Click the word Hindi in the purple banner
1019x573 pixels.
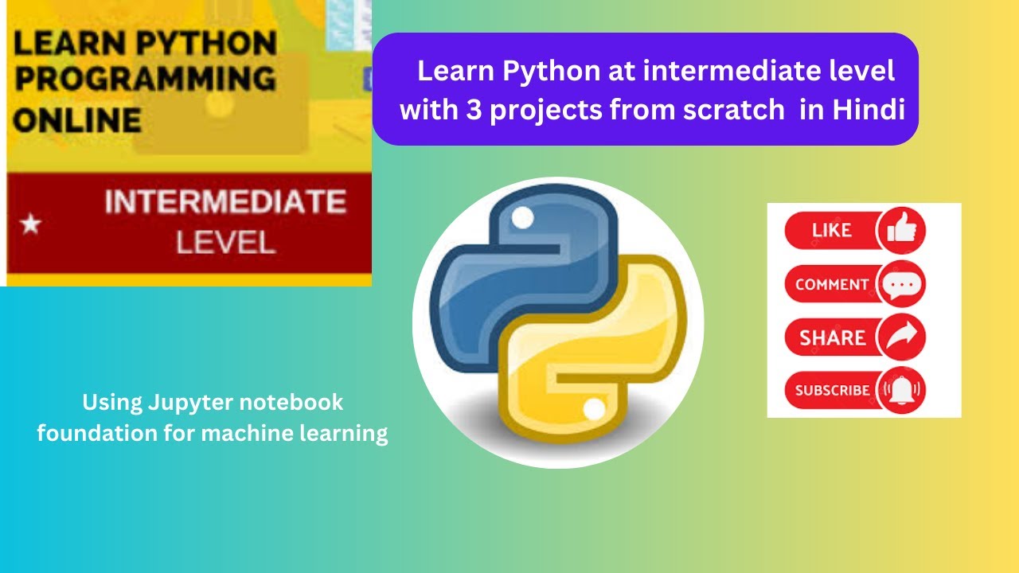click(869, 111)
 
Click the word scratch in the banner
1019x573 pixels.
click(733, 111)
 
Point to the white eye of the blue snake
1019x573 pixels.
click(522, 216)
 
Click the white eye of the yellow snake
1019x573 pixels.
click(594, 410)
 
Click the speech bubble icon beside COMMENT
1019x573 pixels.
click(901, 284)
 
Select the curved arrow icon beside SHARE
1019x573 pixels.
click(901, 337)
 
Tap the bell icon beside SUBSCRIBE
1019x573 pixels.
click(901, 390)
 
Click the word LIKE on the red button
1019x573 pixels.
click(832, 231)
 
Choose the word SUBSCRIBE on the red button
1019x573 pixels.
click(832, 391)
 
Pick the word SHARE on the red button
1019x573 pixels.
click(833, 337)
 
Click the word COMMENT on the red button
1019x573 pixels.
click(832, 284)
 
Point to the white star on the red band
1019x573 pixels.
click(30, 224)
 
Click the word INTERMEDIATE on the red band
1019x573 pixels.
click(225, 203)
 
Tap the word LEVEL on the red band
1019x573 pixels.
click(225, 242)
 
